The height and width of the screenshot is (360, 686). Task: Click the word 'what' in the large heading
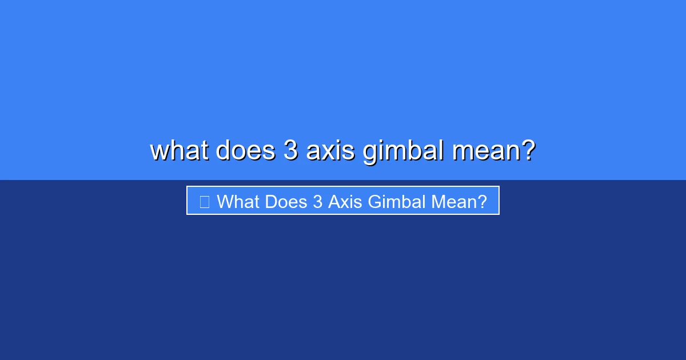click(x=180, y=150)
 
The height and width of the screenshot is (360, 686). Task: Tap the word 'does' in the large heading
click(x=246, y=150)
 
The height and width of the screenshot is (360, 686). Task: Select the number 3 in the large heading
click(x=290, y=150)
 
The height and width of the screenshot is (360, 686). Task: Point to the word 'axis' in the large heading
click(x=330, y=150)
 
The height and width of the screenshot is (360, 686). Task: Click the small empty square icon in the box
click(x=205, y=202)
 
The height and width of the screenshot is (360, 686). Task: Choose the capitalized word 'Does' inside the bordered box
click(x=286, y=201)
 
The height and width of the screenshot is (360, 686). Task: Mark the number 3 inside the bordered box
click(x=318, y=201)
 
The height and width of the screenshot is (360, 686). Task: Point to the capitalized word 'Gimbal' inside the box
click(x=397, y=201)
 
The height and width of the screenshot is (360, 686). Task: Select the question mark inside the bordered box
click(x=481, y=201)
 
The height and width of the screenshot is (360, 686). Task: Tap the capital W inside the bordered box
click(x=226, y=201)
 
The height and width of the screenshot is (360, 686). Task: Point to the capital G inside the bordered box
click(x=375, y=201)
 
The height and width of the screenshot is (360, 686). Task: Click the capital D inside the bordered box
click(x=272, y=201)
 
